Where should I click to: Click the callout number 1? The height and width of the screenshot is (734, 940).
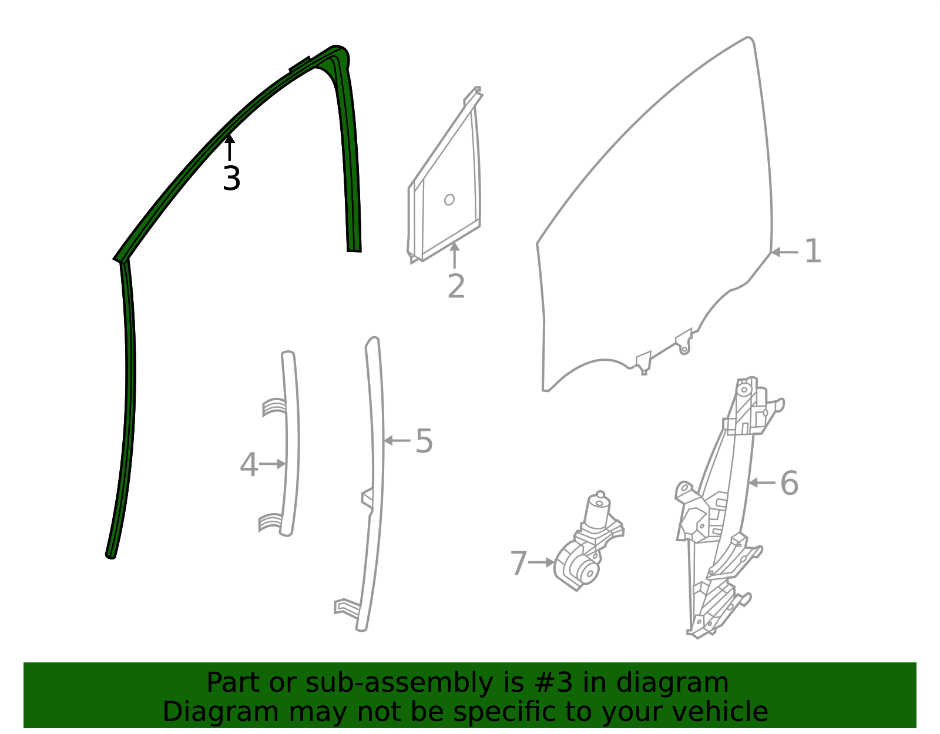click(x=813, y=252)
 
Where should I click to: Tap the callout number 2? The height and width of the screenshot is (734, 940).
click(x=456, y=286)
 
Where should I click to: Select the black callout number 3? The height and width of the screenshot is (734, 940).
click(x=231, y=178)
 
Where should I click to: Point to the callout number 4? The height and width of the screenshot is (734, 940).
click(x=249, y=465)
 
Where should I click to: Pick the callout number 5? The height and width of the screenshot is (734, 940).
click(x=424, y=441)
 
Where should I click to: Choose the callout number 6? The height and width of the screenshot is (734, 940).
click(x=789, y=482)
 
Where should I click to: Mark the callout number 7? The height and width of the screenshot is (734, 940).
click(x=519, y=563)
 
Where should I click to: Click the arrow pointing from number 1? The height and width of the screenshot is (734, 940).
click(x=785, y=252)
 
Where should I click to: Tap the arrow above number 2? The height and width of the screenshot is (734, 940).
click(x=454, y=255)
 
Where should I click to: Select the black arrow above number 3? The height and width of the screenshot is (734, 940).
click(x=229, y=147)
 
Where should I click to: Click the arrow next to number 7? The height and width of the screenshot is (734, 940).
click(x=541, y=562)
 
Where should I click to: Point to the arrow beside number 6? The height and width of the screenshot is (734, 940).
click(x=761, y=482)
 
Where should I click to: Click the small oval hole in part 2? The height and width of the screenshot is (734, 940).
click(x=449, y=199)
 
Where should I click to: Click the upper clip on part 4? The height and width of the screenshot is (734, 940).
click(x=274, y=407)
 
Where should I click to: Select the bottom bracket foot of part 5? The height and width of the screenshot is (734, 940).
click(x=347, y=606)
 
